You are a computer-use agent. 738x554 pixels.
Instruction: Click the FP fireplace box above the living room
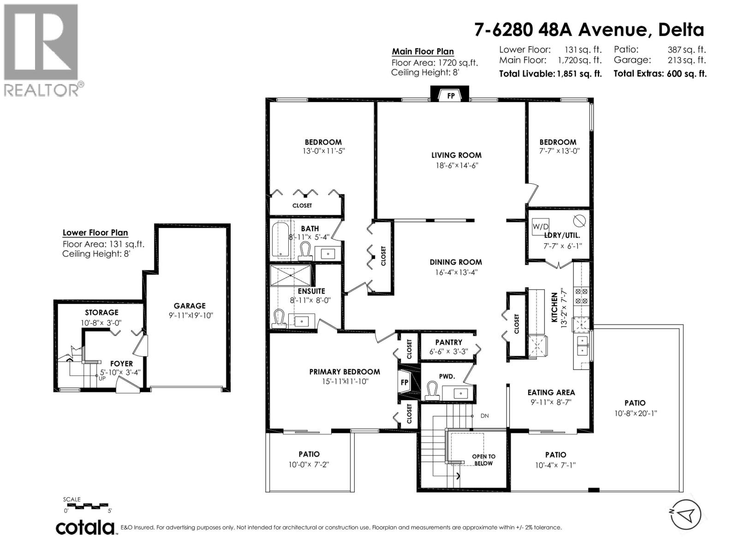(450, 96)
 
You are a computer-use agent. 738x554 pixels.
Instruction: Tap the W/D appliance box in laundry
(540, 226)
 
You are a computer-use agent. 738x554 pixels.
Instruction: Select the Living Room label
(456, 156)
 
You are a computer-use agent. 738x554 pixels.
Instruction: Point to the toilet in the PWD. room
(432, 391)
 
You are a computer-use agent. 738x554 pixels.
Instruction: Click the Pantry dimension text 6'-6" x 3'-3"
(448, 351)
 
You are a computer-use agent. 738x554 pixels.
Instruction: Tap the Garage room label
(190, 306)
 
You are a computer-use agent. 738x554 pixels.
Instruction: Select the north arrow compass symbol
(685, 514)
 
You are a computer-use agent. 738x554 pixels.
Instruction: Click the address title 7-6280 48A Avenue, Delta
(589, 30)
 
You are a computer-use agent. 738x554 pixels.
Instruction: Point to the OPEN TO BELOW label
(483, 460)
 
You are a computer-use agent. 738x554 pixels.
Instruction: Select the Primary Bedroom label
(345, 372)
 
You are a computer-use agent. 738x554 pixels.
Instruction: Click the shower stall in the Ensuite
(291, 275)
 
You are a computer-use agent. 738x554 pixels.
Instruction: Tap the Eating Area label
(551, 393)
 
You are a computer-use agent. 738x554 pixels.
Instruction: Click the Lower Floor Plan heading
(95, 233)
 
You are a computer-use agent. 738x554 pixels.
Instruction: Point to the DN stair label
(484, 416)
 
